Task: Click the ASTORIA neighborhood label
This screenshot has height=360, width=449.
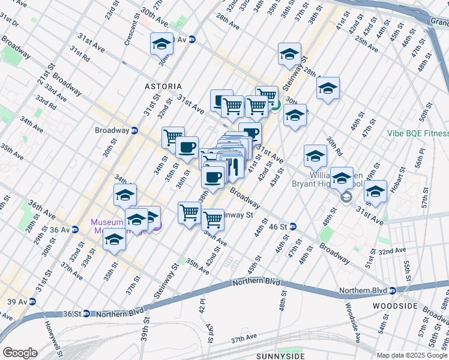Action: click(x=163, y=87)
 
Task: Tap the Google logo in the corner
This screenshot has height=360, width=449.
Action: click(x=19, y=353)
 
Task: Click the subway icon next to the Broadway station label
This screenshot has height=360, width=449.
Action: click(x=135, y=130)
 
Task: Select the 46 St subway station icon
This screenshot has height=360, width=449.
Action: click(x=293, y=226)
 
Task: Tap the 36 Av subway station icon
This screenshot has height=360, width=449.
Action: click(x=74, y=229)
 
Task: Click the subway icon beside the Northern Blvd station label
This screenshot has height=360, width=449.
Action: click(x=392, y=290)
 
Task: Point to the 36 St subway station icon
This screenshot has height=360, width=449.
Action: click(x=86, y=313)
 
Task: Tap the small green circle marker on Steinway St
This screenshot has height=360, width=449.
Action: click(x=275, y=108)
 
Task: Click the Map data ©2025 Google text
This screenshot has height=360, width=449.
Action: click(x=412, y=355)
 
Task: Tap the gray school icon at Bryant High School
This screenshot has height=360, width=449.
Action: click(x=346, y=197)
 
